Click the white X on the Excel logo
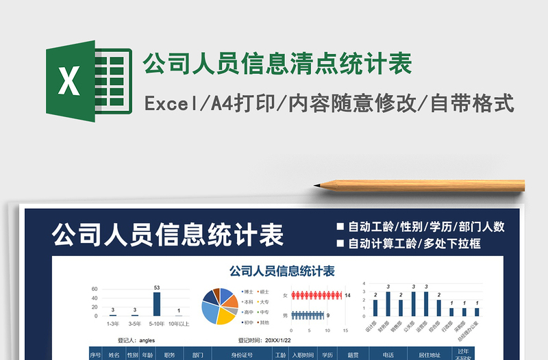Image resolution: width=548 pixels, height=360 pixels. coord(69,81)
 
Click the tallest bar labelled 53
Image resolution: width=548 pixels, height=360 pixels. coord(157,304)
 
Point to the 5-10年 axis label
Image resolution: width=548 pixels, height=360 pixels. coord(156,323)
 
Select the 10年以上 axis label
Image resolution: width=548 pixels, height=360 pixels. coord(179,323)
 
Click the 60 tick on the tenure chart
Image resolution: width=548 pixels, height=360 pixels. coord(95,290)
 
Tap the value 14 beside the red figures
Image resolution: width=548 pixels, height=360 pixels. coord(347,295)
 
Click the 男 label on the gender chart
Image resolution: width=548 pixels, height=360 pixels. coord(285,316)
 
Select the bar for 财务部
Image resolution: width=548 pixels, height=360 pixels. coord(388,304)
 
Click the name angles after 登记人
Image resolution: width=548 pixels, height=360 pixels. coord(147,339)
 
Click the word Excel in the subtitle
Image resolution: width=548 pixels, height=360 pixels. coord(169,104)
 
